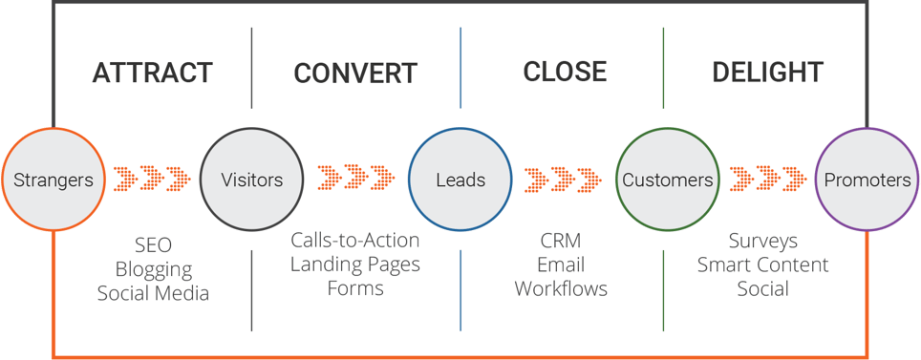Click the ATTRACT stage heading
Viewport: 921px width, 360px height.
tap(152, 73)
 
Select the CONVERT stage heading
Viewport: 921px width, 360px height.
tap(355, 74)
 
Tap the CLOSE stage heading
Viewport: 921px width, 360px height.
tap(565, 72)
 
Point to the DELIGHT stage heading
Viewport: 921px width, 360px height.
tap(767, 72)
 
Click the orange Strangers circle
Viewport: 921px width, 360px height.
tap(54, 180)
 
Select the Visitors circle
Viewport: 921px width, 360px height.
tap(251, 180)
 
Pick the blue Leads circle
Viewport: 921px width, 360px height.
tap(460, 180)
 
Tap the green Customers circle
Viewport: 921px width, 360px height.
tap(667, 180)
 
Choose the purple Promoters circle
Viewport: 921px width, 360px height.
tap(867, 180)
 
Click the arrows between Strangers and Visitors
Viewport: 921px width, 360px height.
tap(152, 179)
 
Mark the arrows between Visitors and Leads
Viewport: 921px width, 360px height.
tap(356, 179)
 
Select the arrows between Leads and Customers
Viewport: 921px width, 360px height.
tap(563, 179)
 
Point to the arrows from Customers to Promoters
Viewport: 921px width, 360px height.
tap(768, 179)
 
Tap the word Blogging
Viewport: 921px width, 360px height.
tap(153, 269)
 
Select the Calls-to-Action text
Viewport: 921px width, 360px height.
tap(355, 241)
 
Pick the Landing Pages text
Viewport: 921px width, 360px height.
tap(355, 265)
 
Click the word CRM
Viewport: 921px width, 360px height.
tap(561, 241)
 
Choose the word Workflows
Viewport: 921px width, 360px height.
tap(561, 288)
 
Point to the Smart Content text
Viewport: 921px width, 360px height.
tap(762, 265)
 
